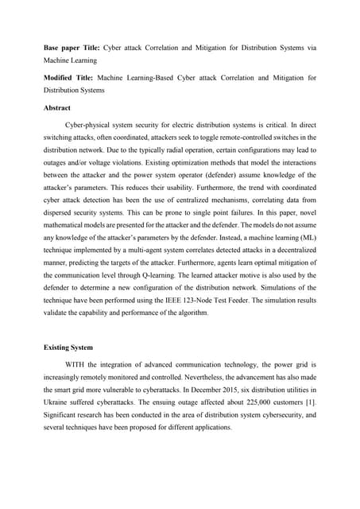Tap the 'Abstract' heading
point(56,108)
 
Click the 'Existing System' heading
point(70,348)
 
